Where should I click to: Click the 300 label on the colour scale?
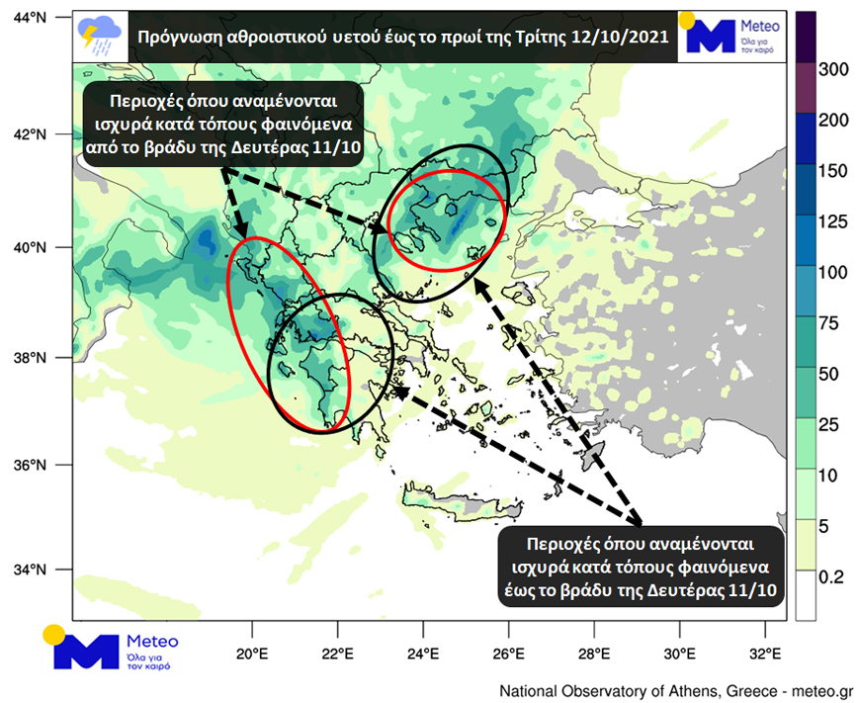click(834, 68)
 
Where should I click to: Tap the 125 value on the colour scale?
click(834, 220)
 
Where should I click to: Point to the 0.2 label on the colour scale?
click(831, 573)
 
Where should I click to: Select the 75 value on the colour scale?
click(830, 321)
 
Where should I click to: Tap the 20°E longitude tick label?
click(253, 654)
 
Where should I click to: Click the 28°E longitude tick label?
click(594, 654)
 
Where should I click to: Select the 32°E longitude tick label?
click(765, 654)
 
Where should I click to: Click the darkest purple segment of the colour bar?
click(806, 30)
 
